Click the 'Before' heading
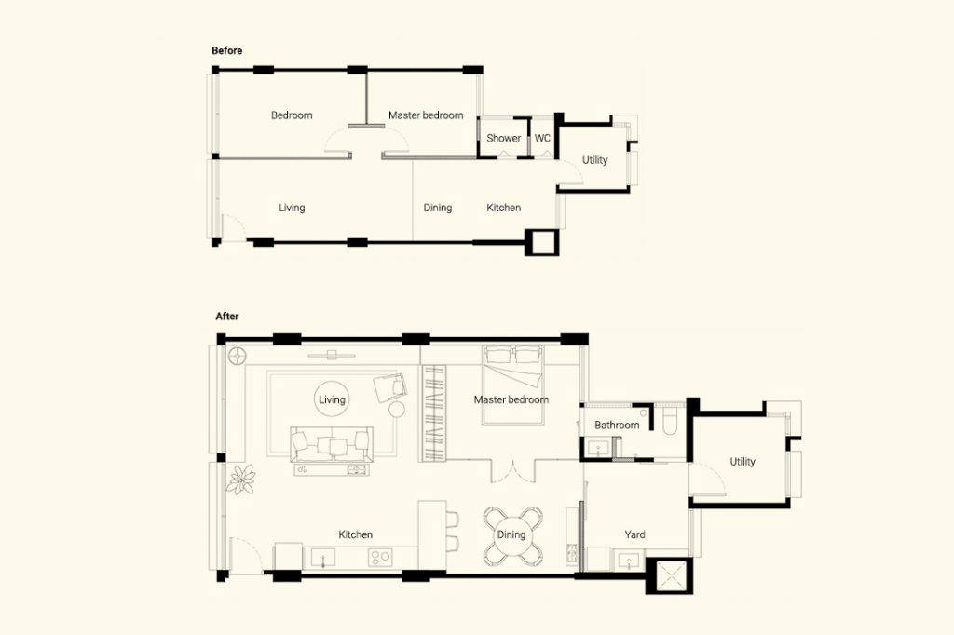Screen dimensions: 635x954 [x=226, y=50]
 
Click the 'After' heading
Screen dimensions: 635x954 [x=227, y=317]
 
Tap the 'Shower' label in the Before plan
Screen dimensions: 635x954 [x=503, y=138]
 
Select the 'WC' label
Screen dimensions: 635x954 [x=542, y=138]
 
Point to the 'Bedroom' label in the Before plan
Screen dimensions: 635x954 [x=292, y=115]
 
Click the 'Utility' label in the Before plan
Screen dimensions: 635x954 [x=594, y=160]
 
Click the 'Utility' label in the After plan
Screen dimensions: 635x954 [x=743, y=462]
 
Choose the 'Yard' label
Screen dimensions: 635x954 [x=634, y=534]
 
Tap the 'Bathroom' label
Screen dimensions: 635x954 [x=617, y=426]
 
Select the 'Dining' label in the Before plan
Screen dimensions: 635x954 [x=437, y=208]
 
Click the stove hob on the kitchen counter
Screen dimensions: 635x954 [x=379, y=558]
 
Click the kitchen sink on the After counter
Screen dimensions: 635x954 [x=323, y=559]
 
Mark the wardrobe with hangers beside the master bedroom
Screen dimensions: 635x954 [x=433, y=413]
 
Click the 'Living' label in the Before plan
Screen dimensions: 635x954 [x=292, y=208]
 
